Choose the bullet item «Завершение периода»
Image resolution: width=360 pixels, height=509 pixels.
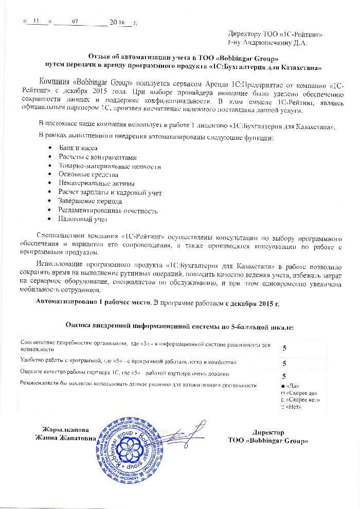(x=90, y=202)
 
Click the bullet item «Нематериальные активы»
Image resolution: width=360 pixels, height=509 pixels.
(x=97, y=184)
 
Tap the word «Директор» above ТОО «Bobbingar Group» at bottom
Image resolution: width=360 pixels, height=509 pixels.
(x=268, y=433)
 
